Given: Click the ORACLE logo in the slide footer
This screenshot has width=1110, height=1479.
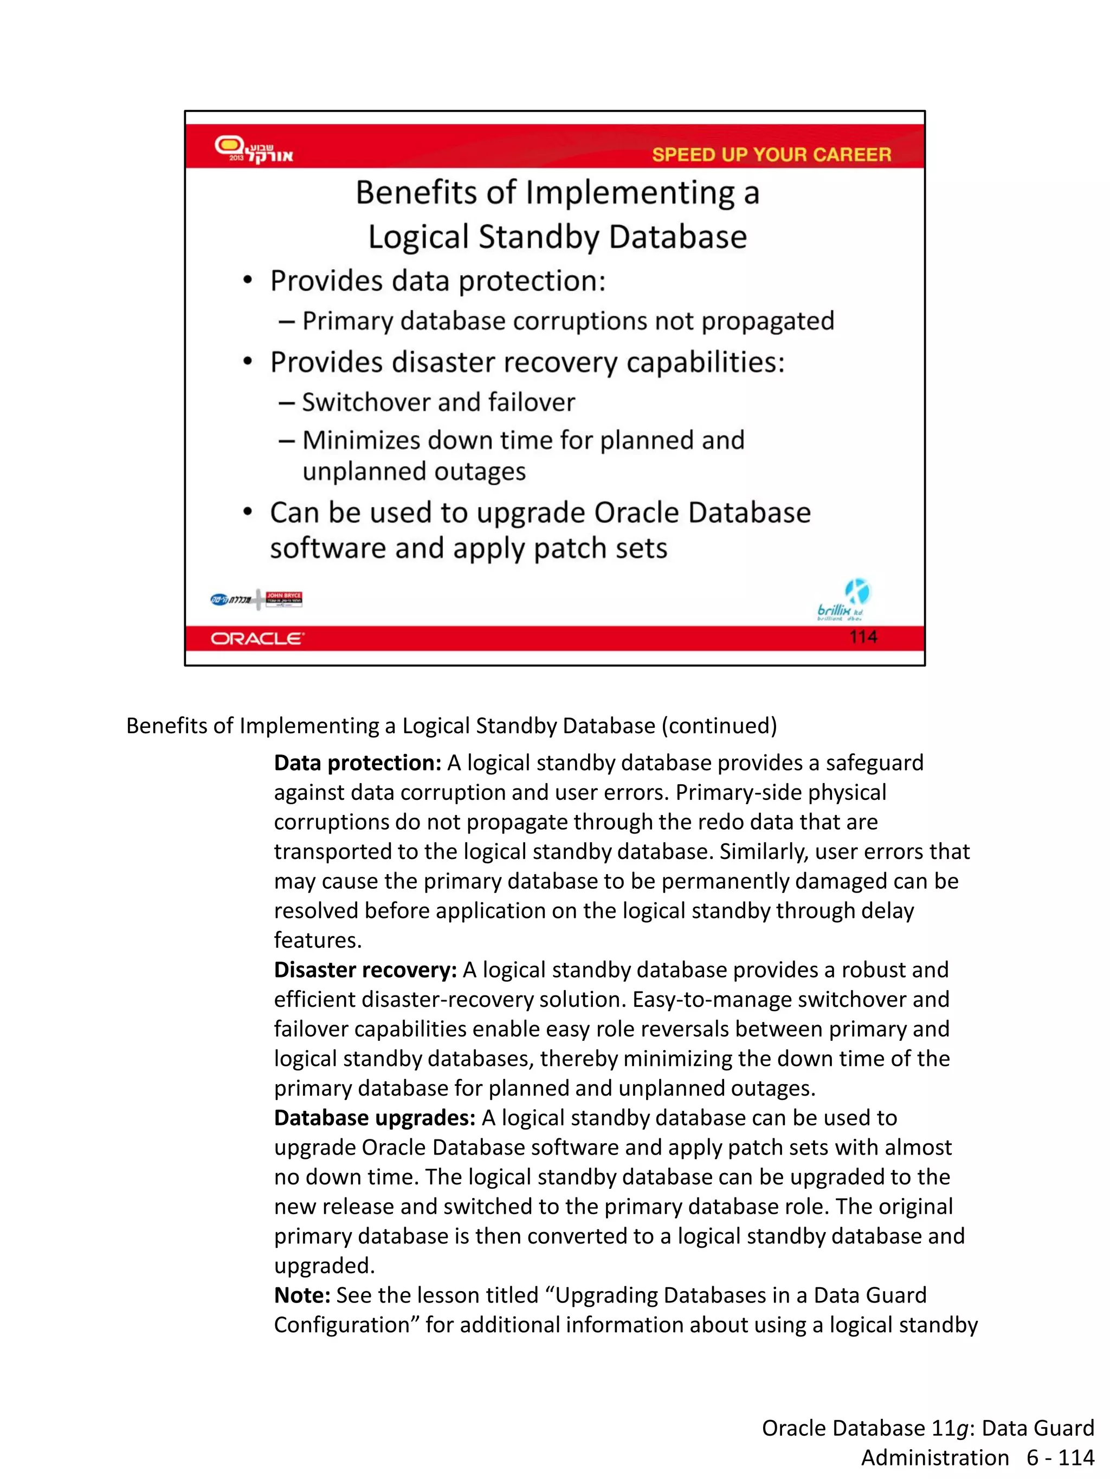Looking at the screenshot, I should (257, 638).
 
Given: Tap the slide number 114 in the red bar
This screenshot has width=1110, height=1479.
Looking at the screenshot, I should (862, 636).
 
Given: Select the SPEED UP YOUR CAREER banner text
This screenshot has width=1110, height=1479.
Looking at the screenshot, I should (771, 154).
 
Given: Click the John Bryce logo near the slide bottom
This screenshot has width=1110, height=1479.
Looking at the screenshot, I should (283, 598).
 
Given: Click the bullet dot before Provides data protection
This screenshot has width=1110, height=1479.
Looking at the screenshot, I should (248, 281).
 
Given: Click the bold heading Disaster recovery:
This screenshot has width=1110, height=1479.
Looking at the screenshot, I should (365, 969).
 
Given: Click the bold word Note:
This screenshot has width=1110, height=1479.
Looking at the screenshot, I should (302, 1295).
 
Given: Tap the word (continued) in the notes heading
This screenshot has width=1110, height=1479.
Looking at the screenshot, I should (719, 726).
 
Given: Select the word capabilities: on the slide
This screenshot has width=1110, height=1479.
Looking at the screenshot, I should (705, 362).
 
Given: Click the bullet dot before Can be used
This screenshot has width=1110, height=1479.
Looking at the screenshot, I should (248, 513).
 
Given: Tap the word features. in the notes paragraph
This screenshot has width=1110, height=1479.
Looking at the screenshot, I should (318, 940).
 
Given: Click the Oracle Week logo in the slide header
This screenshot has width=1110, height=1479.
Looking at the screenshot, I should (253, 149).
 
